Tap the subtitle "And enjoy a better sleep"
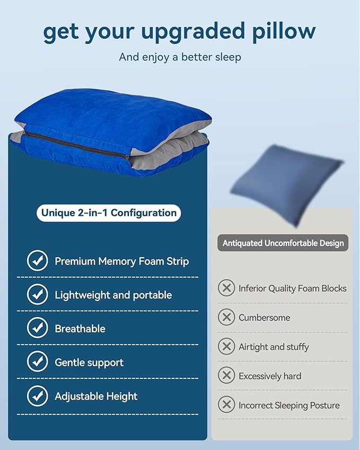180,57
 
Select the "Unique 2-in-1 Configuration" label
109,213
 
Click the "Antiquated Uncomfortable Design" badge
283,243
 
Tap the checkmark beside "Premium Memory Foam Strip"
37,261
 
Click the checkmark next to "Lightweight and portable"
37,295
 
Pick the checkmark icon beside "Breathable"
37,329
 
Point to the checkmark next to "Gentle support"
37,363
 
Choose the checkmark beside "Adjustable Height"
37,396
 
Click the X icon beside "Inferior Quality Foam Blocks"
226,288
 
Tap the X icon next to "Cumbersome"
226,317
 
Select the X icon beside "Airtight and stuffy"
226,347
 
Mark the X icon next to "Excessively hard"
226,376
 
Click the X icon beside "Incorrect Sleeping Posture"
226,405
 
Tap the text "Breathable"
80,329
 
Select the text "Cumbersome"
264,317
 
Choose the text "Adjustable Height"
96,396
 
